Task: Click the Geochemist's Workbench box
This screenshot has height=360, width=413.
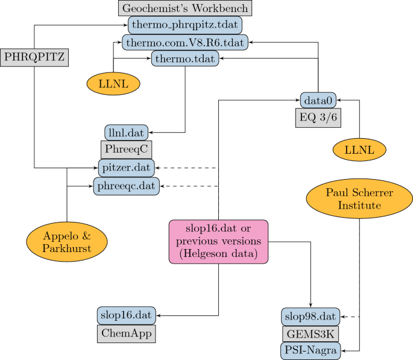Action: [184, 8]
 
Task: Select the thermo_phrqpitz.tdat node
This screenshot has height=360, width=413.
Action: [185, 25]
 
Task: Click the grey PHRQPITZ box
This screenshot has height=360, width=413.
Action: [34, 58]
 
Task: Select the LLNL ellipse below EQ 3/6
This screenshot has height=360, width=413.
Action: [359, 148]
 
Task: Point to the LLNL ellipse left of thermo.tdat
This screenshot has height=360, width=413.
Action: [114, 83]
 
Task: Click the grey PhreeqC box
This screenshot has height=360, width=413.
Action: [124, 149]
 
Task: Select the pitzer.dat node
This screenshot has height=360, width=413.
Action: [126, 167]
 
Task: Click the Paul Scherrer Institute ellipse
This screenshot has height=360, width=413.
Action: [359, 200]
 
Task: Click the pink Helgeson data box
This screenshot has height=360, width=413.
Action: [217, 242]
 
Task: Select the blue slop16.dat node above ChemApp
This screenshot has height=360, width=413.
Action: [127, 315]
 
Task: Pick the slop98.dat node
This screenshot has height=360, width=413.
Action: [310, 316]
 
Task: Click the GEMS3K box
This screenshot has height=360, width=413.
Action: [310, 333]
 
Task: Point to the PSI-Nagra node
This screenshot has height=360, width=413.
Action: [310, 350]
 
